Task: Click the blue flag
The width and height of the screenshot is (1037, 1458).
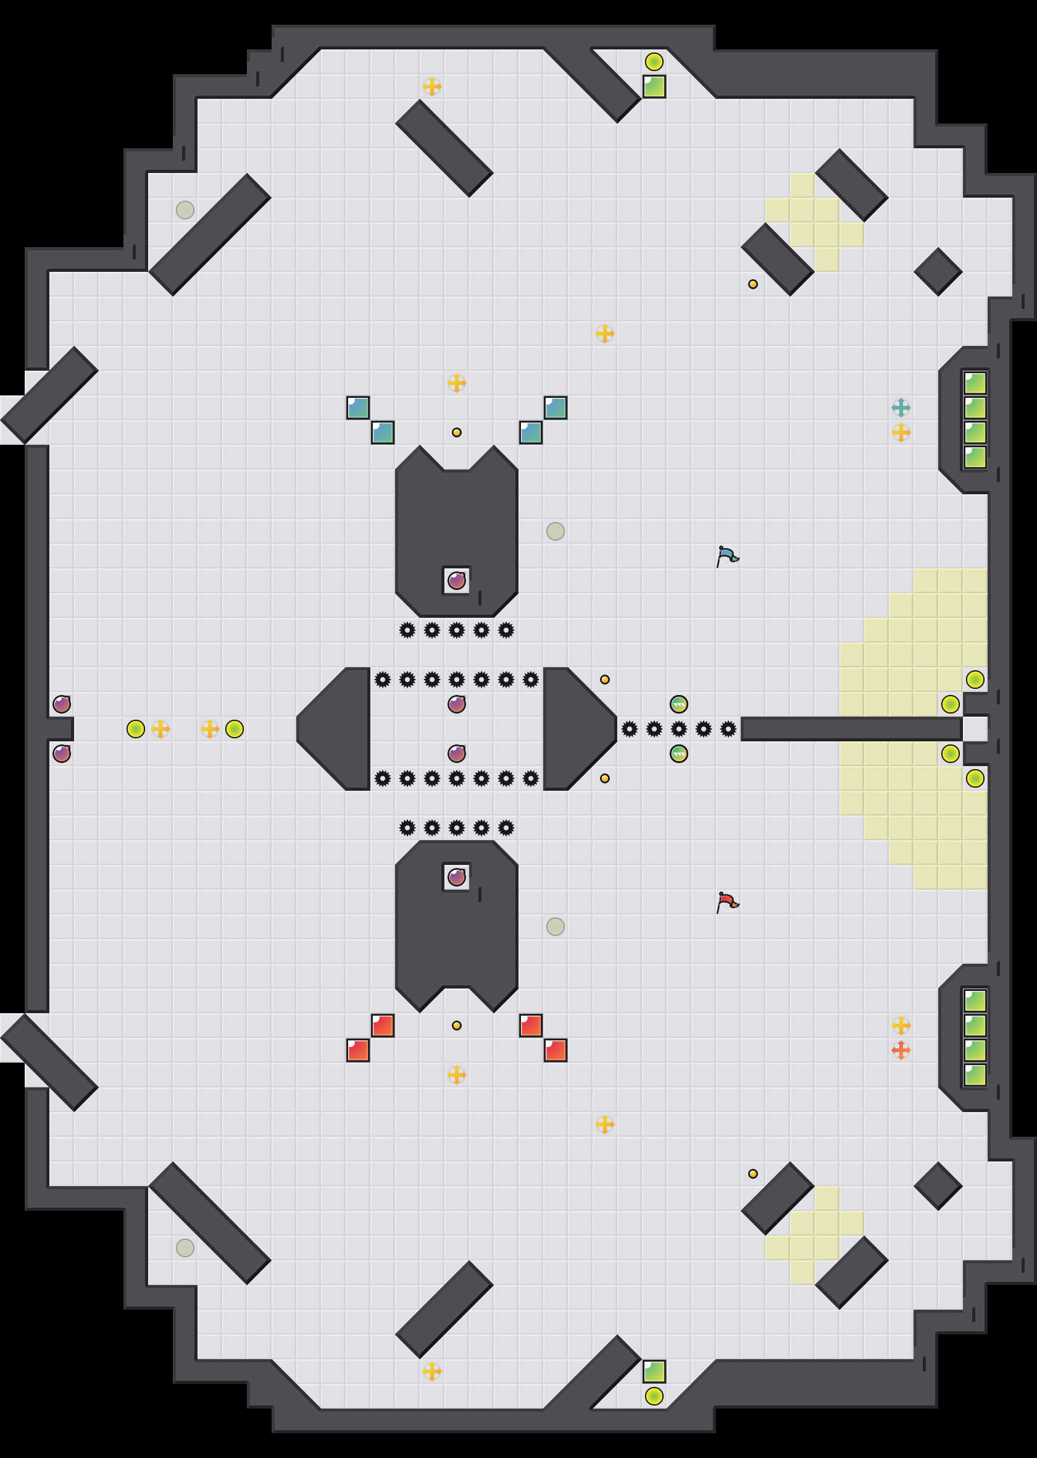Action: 727,556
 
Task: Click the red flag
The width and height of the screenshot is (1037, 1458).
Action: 727,902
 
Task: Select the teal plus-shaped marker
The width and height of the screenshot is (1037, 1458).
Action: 901,407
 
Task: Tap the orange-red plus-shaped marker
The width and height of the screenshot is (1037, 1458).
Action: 901,1050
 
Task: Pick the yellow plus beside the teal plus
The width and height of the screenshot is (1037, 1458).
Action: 901,432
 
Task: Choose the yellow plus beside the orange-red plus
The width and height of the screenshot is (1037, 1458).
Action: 901,1025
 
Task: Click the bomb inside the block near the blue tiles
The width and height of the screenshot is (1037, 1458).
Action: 456,580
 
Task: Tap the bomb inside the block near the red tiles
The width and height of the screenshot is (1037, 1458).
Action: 456,877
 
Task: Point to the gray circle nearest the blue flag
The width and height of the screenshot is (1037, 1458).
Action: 555,531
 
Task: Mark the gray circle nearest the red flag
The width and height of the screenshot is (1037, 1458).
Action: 555,927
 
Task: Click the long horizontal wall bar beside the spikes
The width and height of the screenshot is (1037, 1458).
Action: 851,728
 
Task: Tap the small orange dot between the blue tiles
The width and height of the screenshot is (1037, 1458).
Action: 456,432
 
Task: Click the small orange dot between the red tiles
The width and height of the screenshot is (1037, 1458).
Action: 456,1025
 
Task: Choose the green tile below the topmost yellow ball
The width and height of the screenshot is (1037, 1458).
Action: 654,86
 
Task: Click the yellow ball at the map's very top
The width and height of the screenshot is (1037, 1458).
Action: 654,61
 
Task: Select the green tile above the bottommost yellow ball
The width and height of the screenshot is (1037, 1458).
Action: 654,1371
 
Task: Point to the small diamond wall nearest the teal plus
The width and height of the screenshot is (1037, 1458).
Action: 938,272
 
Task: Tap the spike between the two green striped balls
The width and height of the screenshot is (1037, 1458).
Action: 679,728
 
